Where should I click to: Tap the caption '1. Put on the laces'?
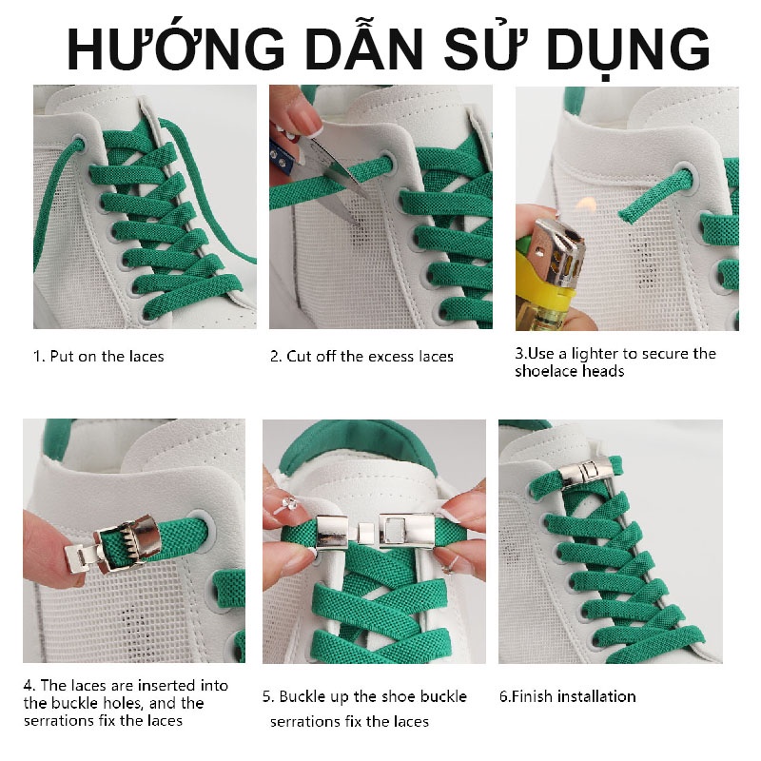coord(99,357)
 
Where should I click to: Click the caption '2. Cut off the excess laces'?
coord(361,357)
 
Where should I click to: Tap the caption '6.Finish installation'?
coord(567,696)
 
